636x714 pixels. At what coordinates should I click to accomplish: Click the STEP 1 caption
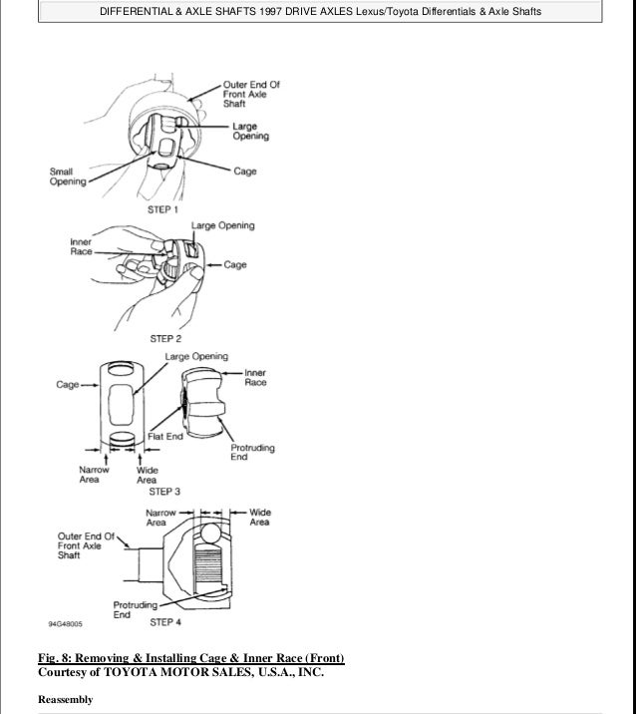163,210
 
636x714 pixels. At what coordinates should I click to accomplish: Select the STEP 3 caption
163,491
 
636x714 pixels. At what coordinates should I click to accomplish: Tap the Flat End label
163,436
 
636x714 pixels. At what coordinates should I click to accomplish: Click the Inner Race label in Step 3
255,377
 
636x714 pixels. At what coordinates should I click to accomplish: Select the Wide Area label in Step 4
258,517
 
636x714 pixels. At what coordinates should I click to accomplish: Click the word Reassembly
65,699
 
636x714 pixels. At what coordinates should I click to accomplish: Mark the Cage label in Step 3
67,384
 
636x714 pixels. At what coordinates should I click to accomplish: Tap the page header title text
318,10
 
